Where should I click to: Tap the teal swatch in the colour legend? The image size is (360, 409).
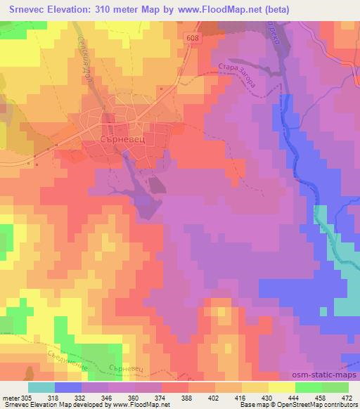point(41,387)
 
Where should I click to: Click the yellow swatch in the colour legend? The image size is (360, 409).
point(281,387)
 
